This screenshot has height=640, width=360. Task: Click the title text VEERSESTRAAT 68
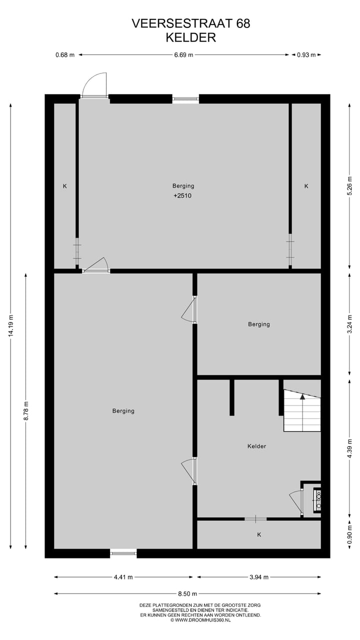[x=190, y=23]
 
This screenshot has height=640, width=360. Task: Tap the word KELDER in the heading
[x=190, y=37]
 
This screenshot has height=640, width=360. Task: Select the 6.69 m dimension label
[x=183, y=55]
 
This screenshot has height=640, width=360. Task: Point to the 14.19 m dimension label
[x=10, y=325]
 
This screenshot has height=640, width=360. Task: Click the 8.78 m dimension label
[x=26, y=411]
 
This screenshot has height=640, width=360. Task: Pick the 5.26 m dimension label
[x=350, y=185]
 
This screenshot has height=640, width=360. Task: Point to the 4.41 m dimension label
[x=123, y=577]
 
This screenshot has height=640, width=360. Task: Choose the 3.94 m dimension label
[x=259, y=577]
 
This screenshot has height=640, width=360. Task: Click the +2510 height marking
[x=182, y=195]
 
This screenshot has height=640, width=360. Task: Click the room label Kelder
[x=256, y=446]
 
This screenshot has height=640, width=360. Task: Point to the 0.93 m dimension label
[x=306, y=55]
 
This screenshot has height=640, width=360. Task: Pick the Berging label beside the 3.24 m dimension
[x=259, y=324]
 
